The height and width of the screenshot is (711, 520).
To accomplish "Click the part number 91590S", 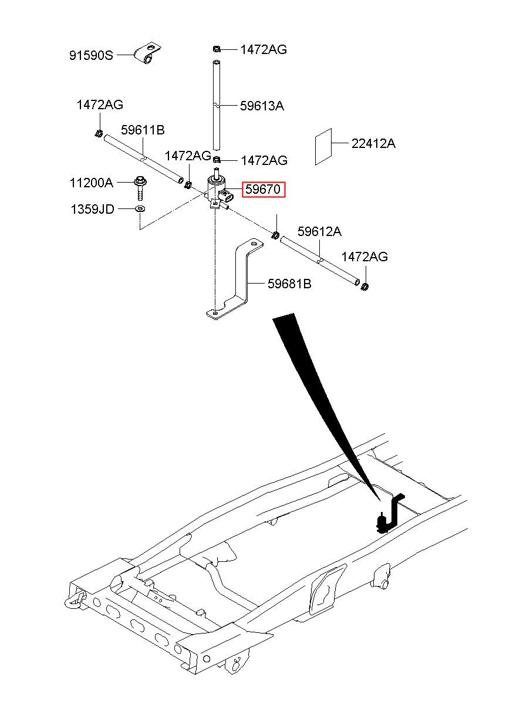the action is point(91,56).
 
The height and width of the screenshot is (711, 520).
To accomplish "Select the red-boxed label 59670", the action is point(264,190).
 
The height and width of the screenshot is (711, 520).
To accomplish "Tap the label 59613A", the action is point(262,106).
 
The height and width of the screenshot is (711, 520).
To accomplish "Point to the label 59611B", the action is point(143,130).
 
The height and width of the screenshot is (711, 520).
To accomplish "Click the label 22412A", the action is point(373,144).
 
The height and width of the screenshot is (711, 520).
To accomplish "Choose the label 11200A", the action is point(92,183).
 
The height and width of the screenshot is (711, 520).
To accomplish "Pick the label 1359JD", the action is point(92,209).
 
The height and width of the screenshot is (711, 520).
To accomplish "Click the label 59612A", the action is point(319,231).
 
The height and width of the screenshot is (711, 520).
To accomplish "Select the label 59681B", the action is point(289,284).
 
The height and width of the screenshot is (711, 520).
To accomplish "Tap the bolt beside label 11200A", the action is point(140,188).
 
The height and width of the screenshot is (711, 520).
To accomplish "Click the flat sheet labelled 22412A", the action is point(323,147).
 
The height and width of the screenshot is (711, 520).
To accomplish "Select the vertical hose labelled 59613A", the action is point(216,105).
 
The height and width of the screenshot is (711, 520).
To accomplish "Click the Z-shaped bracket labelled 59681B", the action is point(235,279).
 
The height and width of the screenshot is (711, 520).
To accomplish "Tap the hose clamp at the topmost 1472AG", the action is point(217,49).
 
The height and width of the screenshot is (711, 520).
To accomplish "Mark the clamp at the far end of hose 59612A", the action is point(365,287).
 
